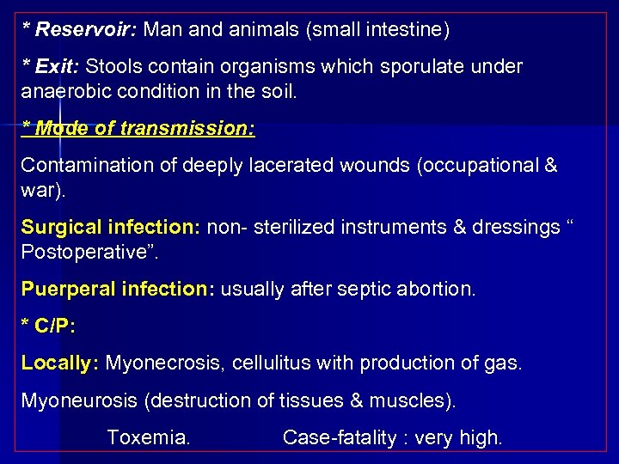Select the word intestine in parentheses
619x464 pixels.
point(404,30)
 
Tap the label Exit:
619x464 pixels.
point(56,67)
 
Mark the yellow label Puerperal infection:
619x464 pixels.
point(118,290)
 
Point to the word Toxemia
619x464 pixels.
point(148,437)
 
